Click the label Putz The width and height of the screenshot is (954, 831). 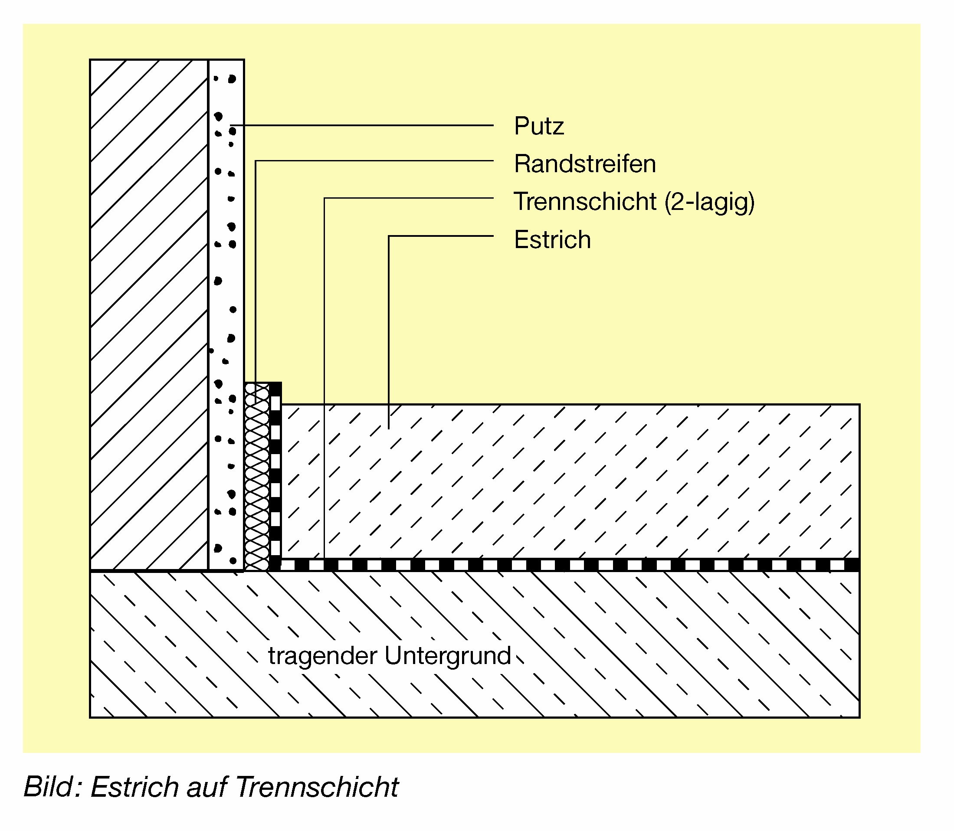539,126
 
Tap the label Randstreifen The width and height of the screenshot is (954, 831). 585,164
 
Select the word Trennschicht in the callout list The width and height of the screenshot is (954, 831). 585,202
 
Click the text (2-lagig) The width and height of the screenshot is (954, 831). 710,202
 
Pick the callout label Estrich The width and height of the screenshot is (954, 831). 552,240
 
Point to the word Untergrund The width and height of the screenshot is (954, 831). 448,656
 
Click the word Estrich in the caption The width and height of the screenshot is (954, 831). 134,787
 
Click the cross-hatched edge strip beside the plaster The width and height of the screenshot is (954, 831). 257,478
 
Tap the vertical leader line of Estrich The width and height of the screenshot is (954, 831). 389,334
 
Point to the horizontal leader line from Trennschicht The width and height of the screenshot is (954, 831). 408,199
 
